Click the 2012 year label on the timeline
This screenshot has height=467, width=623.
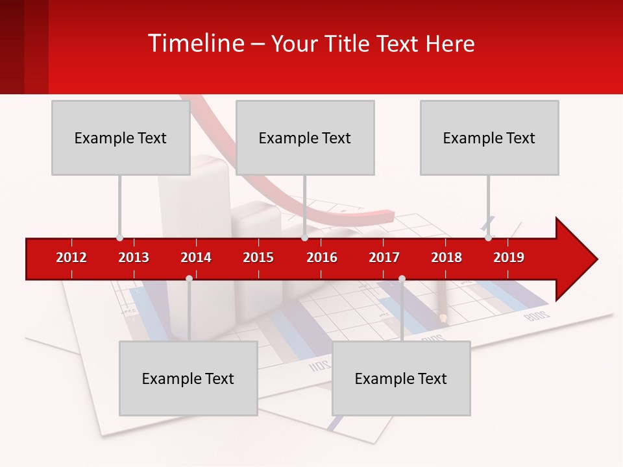(x=71, y=257)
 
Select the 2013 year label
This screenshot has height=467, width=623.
(x=134, y=257)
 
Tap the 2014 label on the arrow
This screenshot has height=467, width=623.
(x=196, y=257)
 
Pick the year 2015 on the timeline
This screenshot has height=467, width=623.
(x=258, y=257)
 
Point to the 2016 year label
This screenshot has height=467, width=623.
(x=322, y=257)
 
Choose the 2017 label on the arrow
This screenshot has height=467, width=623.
(x=384, y=257)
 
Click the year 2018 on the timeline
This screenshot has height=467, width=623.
(x=446, y=257)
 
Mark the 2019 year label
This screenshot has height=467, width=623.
(x=509, y=257)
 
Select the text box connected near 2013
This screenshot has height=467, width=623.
(x=121, y=138)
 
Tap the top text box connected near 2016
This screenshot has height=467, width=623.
(x=305, y=138)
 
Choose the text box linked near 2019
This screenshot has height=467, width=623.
(x=489, y=138)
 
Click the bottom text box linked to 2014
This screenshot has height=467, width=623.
(x=188, y=378)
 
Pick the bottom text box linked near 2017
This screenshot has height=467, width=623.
(x=401, y=378)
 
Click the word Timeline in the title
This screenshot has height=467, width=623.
(x=196, y=43)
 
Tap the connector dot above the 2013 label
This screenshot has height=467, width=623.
(x=119, y=238)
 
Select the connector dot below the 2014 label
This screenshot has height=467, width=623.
(x=189, y=278)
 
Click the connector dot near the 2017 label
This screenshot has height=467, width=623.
(x=402, y=278)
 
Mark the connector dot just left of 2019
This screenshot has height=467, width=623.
(x=488, y=238)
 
